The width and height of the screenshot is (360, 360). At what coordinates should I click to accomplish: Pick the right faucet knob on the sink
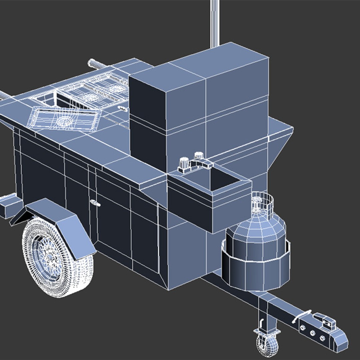pyautogui.click(x=199, y=156)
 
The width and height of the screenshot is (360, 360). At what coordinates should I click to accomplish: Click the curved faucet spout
pyautogui.click(x=202, y=163)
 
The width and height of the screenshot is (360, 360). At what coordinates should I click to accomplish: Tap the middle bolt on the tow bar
pyautogui.click(x=313, y=333)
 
